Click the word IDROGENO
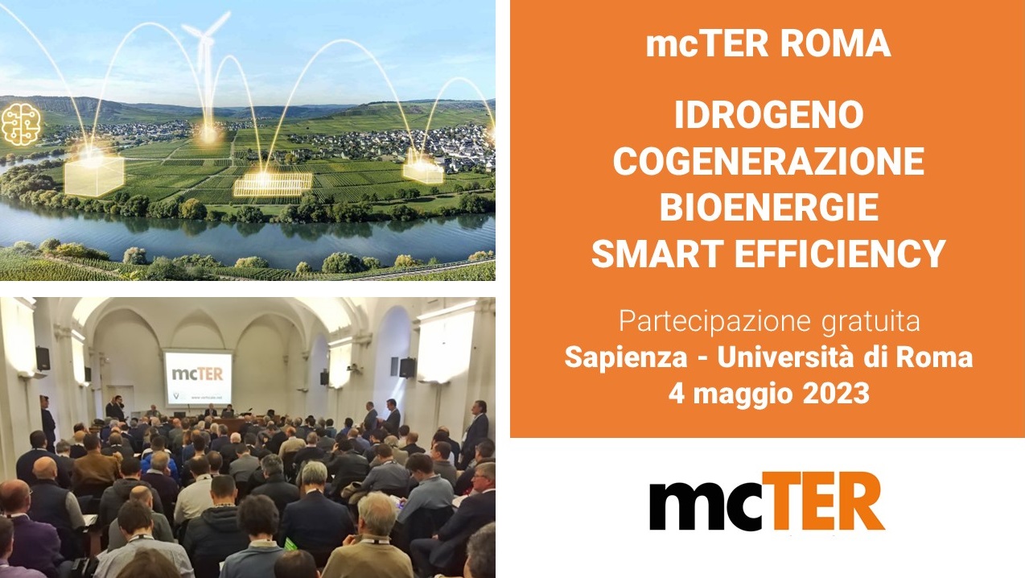[x=769, y=115]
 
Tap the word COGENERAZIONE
[x=769, y=161]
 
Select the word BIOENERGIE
[x=769, y=207]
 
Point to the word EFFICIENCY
[x=840, y=254]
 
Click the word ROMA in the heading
[x=835, y=43]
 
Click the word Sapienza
[x=626, y=357]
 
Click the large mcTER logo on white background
[x=767, y=501]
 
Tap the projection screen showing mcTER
[x=198, y=378]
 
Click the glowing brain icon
[x=21, y=125]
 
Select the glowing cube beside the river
[x=94, y=175]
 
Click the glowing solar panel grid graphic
[x=273, y=184]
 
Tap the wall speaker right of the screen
[x=407, y=368]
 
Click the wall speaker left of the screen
[x=43, y=358]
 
